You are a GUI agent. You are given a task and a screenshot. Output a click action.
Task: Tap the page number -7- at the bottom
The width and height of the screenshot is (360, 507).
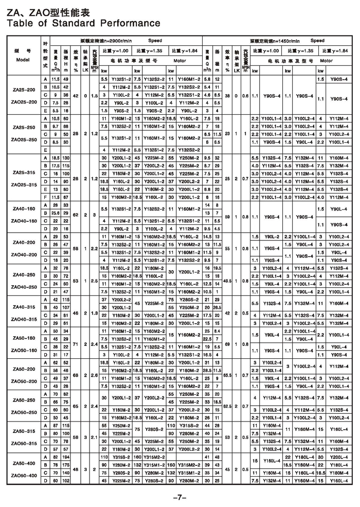pos(179,497)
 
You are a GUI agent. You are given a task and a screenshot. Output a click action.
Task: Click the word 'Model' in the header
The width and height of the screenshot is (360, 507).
pos(23,60)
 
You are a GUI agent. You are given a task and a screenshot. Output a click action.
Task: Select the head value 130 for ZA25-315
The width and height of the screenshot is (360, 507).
pos(65,157)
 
